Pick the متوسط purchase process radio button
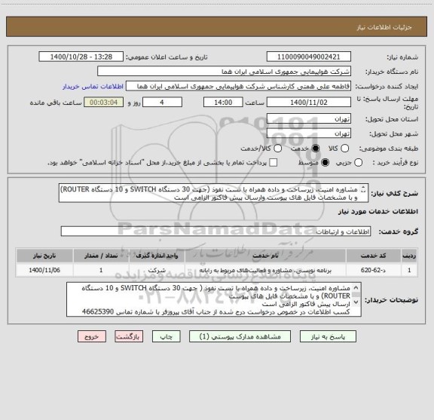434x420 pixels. (x=325, y=162)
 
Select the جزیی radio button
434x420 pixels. (x=359, y=162)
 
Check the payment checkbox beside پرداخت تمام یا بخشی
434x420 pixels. (x=273, y=162)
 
